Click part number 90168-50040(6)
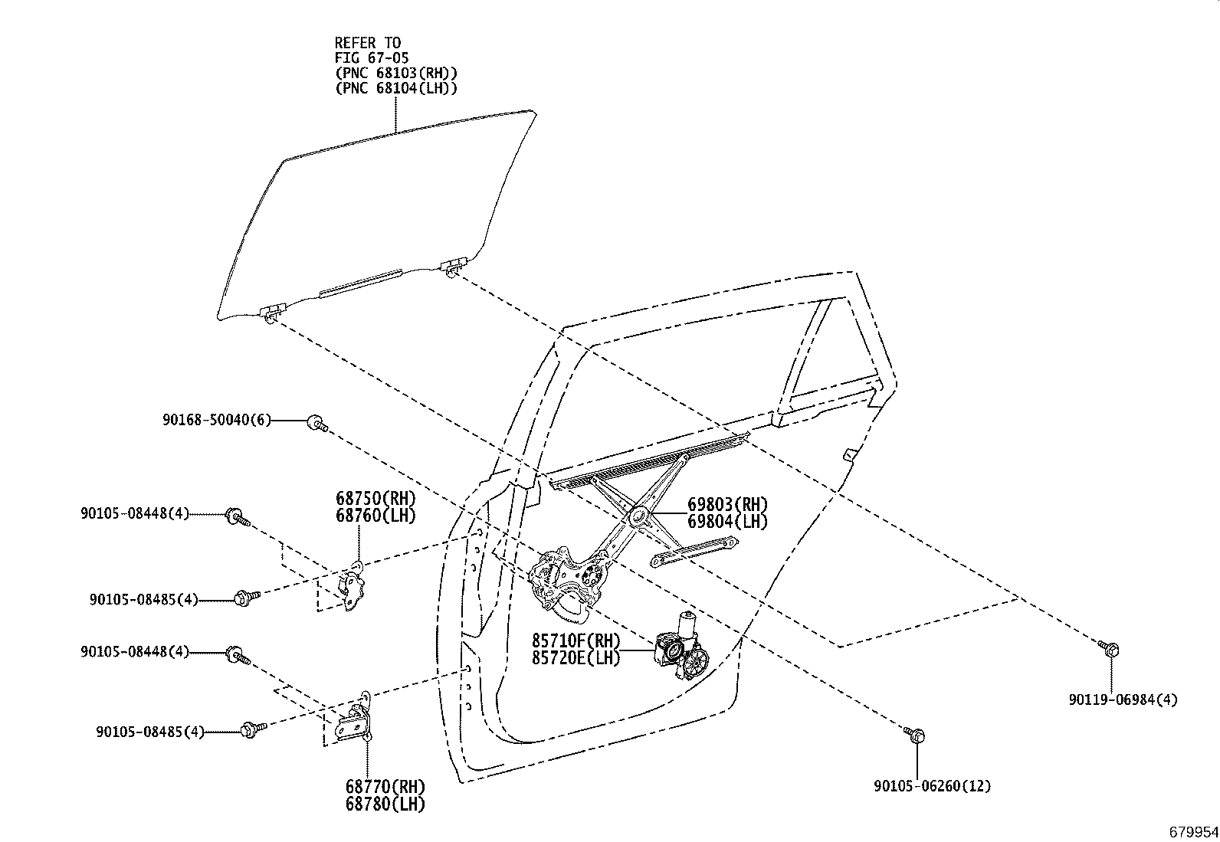click(216, 420)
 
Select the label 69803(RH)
click(727, 505)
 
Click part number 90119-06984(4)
click(1123, 699)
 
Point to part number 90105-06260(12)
click(932, 785)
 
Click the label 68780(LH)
click(384, 804)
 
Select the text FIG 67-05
click(372, 57)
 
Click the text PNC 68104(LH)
click(395, 87)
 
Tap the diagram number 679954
click(1192, 831)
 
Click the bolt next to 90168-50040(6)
click(316, 421)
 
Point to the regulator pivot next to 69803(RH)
click(638, 515)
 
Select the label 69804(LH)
click(727, 522)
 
